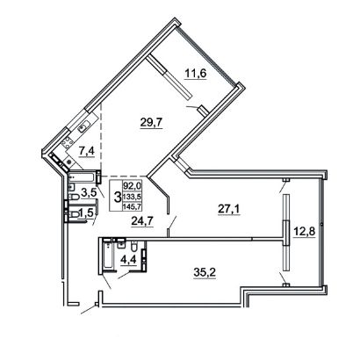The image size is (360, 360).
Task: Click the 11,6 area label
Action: click(x=196, y=74)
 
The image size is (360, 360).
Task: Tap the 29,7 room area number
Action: click(x=151, y=122)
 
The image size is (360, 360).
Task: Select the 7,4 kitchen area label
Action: click(x=86, y=151)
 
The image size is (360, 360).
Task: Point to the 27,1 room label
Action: click(x=229, y=209)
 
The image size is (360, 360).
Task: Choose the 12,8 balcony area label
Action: click(x=304, y=232)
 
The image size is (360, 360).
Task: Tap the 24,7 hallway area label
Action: click(x=142, y=221)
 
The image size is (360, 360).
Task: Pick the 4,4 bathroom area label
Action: click(x=129, y=259)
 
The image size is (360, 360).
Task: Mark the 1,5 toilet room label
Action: click(x=86, y=212)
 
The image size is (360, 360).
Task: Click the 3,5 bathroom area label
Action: click(x=89, y=193)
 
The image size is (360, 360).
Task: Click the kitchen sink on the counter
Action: click(x=84, y=126)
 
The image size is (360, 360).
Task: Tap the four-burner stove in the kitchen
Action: click(x=68, y=143)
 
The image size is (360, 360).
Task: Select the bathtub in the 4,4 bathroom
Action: click(x=107, y=254)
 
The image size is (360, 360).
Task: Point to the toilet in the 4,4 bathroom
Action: click(x=134, y=247)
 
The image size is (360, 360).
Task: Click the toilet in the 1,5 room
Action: click(x=75, y=214)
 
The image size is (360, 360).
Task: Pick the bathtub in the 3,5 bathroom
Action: click(x=81, y=177)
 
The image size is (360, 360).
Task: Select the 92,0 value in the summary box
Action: click(x=132, y=185)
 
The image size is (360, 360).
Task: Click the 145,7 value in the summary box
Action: click(x=132, y=206)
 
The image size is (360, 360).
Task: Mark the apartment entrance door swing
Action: click(x=89, y=310)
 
